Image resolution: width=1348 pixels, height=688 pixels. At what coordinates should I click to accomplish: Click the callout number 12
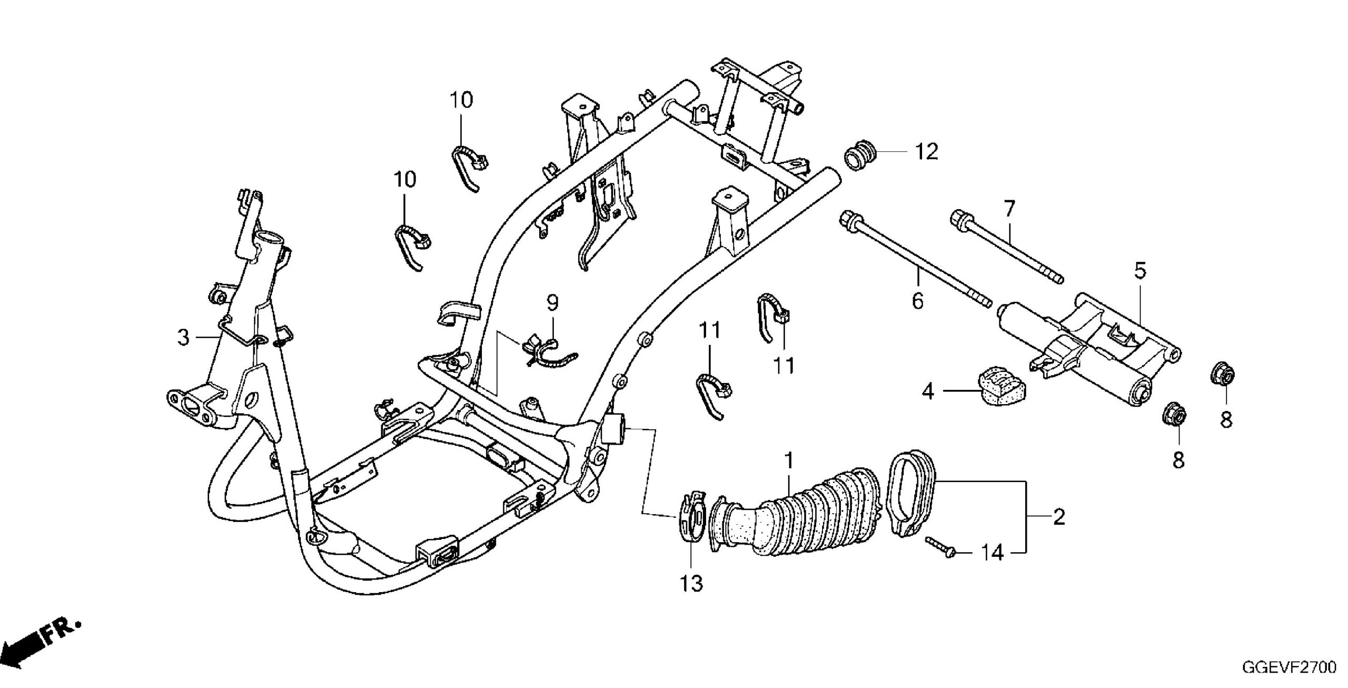[926, 152]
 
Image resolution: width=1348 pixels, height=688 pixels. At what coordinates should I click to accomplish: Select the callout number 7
[1008, 210]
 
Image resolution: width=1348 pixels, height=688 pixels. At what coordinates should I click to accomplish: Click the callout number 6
[917, 302]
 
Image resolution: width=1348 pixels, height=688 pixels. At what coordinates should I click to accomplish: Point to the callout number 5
[1139, 271]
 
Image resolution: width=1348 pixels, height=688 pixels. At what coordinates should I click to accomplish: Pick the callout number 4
[928, 391]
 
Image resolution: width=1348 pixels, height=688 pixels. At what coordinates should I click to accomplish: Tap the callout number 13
[691, 584]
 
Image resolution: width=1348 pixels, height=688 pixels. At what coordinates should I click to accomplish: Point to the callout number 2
[1059, 517]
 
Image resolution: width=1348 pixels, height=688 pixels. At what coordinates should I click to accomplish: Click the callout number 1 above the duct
[788, 462]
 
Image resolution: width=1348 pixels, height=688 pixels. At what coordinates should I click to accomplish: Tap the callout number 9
[552, 303]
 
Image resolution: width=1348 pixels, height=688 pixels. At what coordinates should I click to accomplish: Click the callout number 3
[183, 338]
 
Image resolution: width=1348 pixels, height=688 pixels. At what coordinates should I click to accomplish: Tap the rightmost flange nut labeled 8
[1221, 376]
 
